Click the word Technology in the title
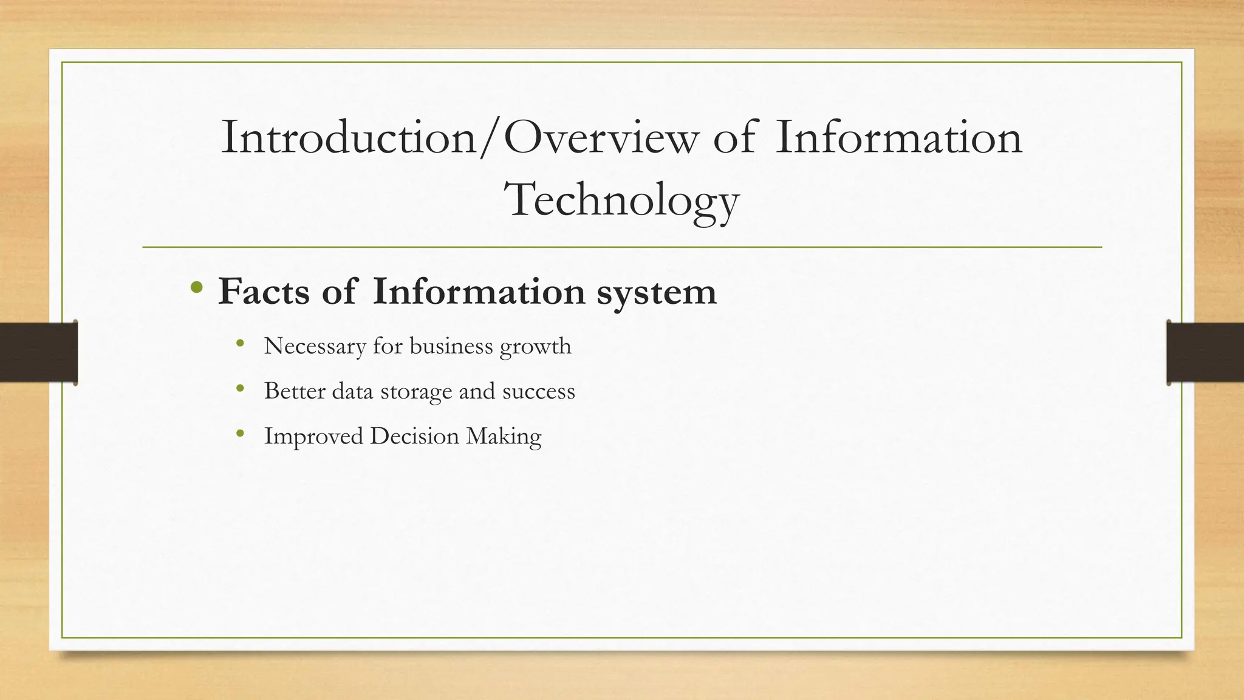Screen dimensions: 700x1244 621,201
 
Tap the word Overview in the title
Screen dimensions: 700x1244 601,138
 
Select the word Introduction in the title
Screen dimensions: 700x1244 349,138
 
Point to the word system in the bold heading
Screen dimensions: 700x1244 657,293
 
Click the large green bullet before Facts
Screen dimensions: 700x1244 196,287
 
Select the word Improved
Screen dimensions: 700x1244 313,437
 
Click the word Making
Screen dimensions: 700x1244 504,437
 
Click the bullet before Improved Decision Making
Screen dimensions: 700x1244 241,433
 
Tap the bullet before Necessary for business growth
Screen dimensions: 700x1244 241,343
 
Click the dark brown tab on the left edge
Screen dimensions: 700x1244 38,352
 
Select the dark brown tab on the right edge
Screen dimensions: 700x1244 1205,352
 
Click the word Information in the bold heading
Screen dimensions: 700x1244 479,292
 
